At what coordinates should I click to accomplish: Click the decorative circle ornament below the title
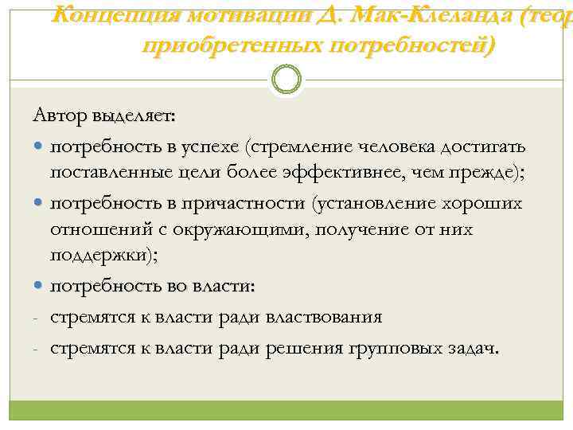286,80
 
